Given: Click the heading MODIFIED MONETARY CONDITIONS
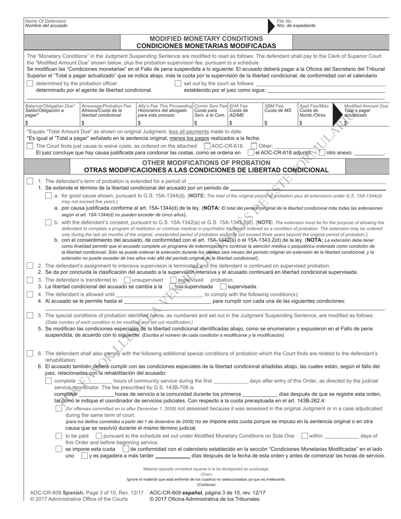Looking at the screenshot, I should coord(206,38).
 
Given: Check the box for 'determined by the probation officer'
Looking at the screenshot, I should coord(30,84).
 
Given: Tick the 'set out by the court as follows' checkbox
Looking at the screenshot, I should coord(178,84).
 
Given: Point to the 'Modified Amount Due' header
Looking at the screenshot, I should coord(366,106).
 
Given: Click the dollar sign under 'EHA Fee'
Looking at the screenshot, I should coord(230,123).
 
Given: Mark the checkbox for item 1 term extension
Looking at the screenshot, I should coord(30,181).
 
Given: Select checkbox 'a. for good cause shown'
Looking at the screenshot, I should coord(48,196).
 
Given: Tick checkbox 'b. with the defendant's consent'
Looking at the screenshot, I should coord(48,222).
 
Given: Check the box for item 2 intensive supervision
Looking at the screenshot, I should coord(30,266).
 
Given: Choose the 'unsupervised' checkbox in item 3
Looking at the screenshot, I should coord(127,280).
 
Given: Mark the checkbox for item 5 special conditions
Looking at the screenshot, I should coord(30,315).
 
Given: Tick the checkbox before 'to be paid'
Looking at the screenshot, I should coord(59,436).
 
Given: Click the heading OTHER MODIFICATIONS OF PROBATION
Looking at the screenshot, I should coord(206,162).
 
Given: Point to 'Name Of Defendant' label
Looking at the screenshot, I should coord(46,21).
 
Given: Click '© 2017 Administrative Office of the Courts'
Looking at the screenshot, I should coord(79,499).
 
